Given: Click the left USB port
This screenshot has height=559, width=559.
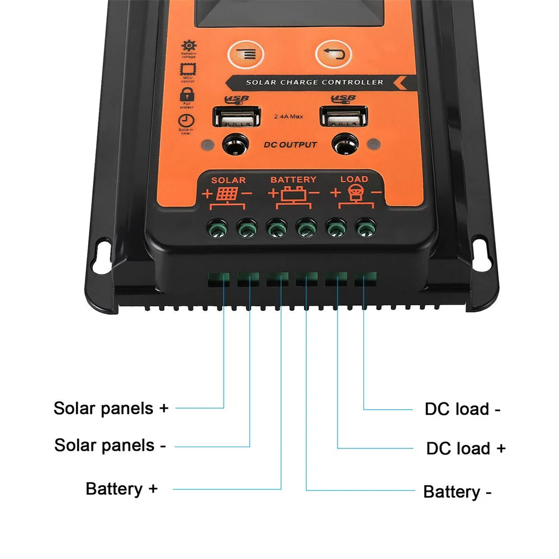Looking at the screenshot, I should [x=236, y=118].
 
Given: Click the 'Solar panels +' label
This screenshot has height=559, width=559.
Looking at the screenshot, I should [x=111, y=408].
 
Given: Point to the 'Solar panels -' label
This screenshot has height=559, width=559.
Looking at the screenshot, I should [x=110, y=446].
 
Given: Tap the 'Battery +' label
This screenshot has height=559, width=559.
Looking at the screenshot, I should [x=122, y=489].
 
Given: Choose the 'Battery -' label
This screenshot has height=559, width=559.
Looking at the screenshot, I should [x=458, y=492].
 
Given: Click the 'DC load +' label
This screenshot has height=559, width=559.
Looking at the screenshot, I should [x=466, y=448].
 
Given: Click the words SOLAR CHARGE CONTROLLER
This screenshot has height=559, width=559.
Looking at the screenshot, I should [x=315, y=83].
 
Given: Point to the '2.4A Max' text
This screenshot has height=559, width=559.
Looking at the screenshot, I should [x=288, y=117].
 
